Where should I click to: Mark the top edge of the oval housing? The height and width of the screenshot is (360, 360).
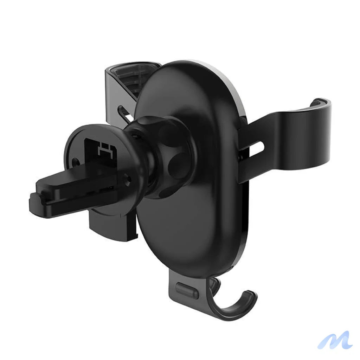pyautogui.click(x=190, y=63)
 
